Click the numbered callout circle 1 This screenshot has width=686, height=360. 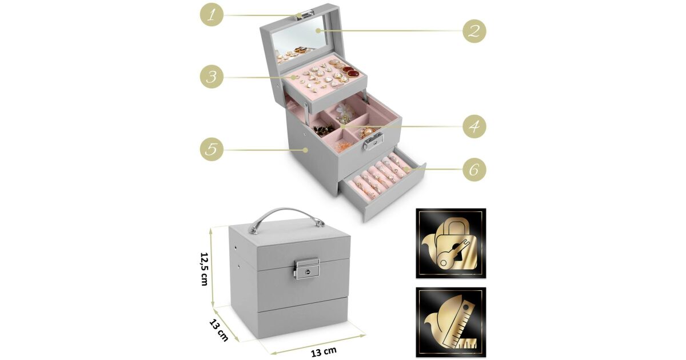212,15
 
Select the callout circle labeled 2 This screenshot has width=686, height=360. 474,31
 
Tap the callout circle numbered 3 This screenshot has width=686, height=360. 212,77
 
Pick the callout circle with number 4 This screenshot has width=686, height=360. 474,126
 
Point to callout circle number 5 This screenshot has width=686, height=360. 212,149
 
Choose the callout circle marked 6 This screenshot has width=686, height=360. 474,170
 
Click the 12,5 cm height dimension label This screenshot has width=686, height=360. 205,269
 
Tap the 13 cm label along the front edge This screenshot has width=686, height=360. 324,352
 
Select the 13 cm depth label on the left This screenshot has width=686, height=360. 218,331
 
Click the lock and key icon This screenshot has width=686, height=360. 451,243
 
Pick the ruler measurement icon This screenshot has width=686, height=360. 451,322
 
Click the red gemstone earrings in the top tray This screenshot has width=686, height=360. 350,71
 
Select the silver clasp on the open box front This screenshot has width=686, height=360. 373,142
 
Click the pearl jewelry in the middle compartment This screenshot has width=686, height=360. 367,132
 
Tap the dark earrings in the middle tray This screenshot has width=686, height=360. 324,130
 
